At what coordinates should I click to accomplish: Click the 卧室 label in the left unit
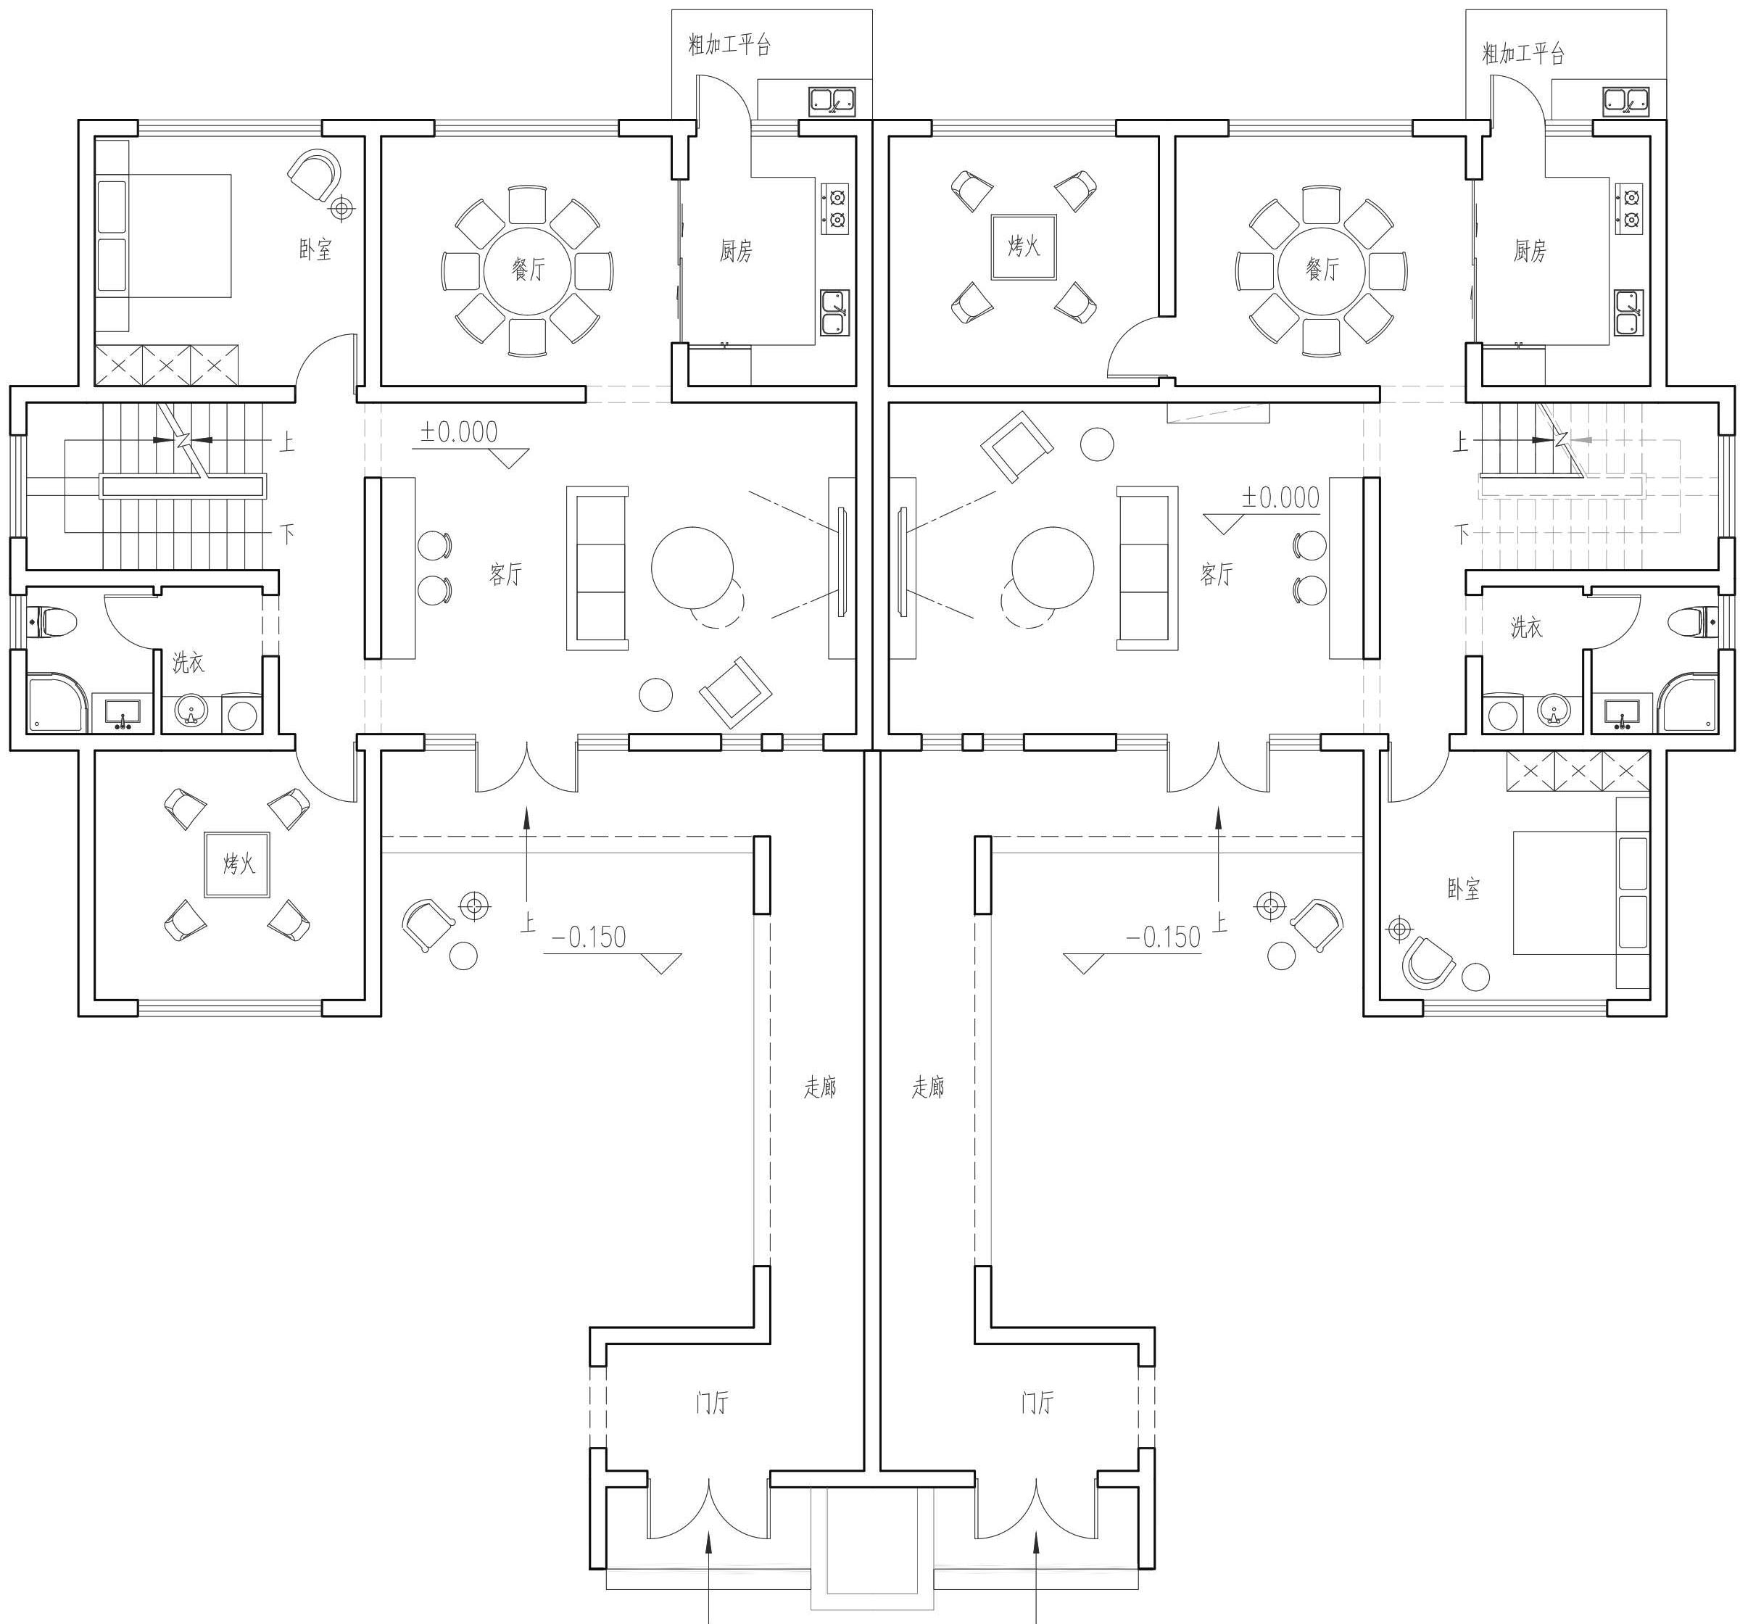[x=315, y=249]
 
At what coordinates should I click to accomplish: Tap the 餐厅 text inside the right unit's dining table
[x=1322, y=269]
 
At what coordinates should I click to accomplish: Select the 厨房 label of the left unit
[x=735, y=252]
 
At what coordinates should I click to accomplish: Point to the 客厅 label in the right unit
[x=1217, y=574]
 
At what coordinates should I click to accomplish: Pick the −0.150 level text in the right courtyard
[x=1163, y=937]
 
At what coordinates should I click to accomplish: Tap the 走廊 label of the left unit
[x=820, y=1087]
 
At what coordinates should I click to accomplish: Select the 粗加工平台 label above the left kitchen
[x=729, y=45]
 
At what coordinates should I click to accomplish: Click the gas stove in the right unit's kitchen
[x=1631, y=208]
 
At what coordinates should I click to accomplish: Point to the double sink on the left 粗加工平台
[x=832, y=101]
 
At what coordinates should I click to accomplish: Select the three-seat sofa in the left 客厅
[x=597, y=568]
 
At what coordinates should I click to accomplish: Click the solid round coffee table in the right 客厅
[x=1052, y=567]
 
